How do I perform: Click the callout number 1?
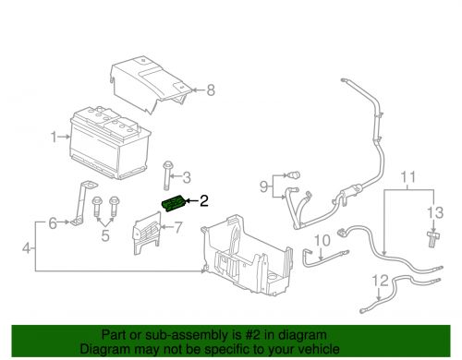click(x=54, y=137)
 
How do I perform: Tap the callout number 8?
click(x=210, y=90)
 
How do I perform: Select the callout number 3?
click(x=186, y=177)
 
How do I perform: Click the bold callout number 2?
click(x=204, y=198)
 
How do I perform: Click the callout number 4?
click(x=29, y=246)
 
